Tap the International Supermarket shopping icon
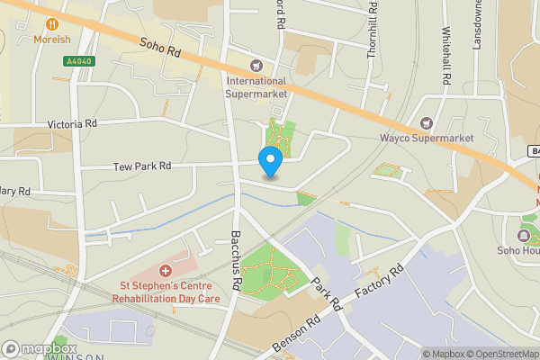[x=256, y=65]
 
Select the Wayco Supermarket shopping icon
[x=427, y=122]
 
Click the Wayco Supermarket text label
[x=426, y=138]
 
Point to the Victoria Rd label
[x=72, y=124]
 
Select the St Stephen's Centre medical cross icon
[x=165, y=270]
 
